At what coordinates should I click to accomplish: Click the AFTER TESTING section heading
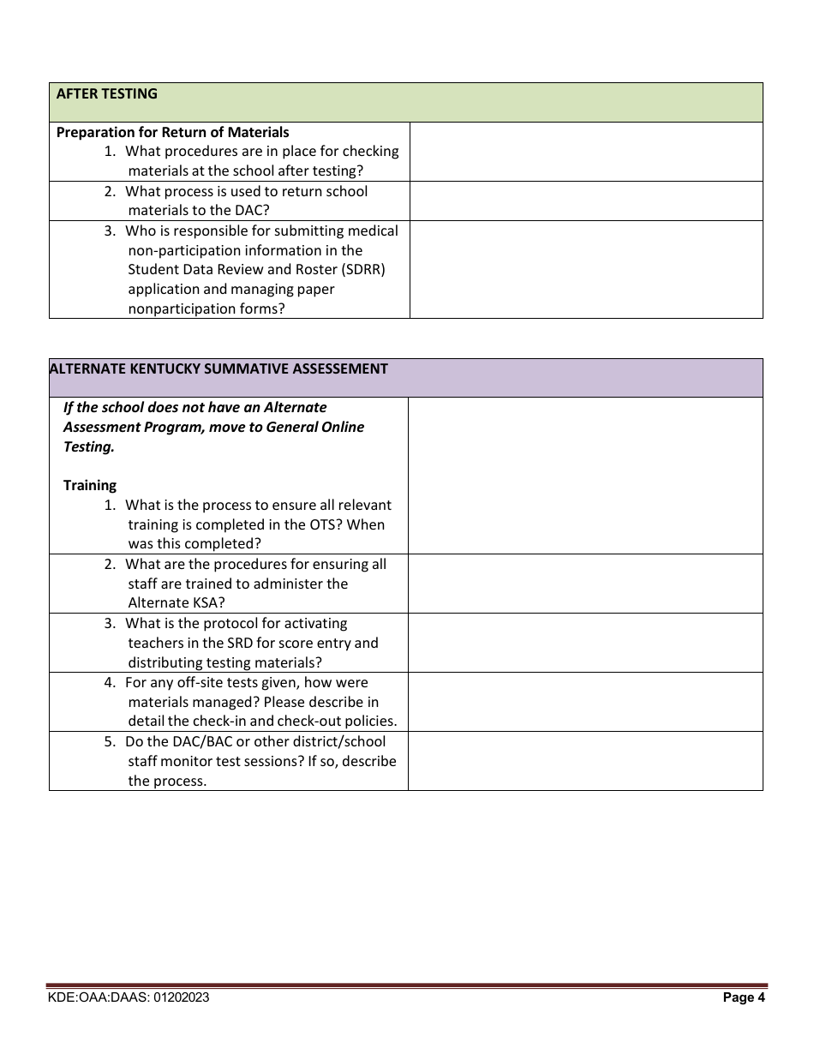[x=106, y=94]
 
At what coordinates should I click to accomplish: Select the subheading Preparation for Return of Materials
[x=172, y=132]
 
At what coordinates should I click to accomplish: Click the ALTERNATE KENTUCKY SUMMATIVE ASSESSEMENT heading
[x=218, y=369]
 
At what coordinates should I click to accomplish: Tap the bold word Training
[x=90, y=486]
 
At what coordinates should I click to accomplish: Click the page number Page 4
[x=744, y=997]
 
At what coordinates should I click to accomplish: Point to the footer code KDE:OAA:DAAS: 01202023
[x=129, y=997]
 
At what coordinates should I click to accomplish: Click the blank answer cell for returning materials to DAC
[x=586, y=201]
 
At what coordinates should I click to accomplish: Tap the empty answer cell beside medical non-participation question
[x=586, y=270]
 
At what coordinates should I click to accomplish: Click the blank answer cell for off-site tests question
[x=586, y=702]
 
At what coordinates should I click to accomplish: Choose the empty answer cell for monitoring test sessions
[x=586, y=761]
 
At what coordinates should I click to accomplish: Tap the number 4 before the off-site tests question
[x=110, y=683]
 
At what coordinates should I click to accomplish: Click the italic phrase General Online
[x=316, y=427]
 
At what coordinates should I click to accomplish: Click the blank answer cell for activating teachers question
[x=586, y=643]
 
